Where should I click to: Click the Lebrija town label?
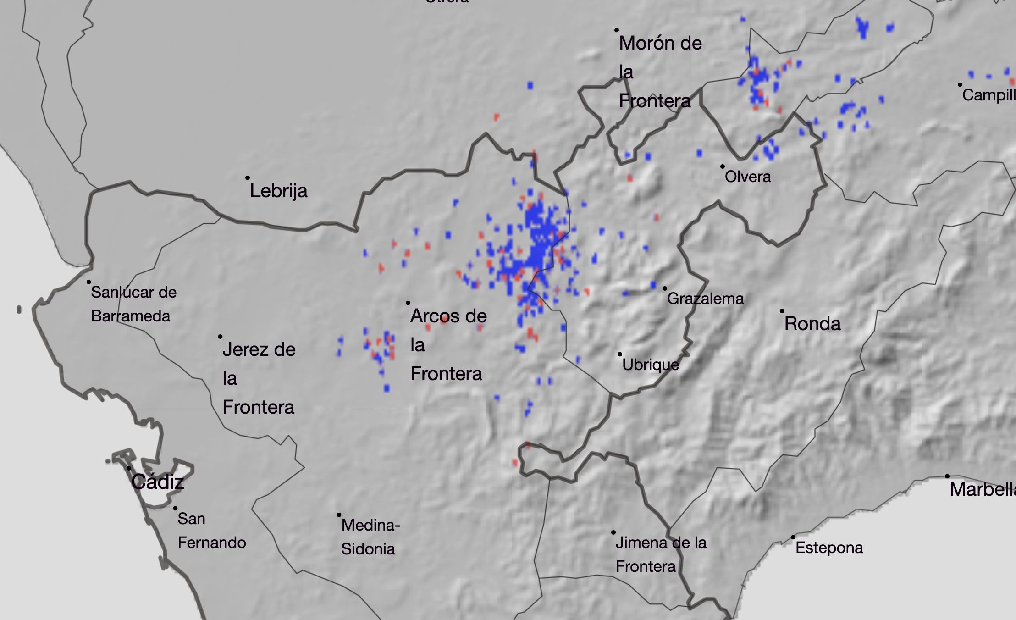click(278, 191)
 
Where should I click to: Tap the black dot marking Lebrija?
click(248, 177)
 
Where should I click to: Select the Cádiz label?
click(157, 482)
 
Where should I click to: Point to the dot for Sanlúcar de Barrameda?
click(88, 282)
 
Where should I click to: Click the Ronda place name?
click(812, 324)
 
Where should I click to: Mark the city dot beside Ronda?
click(782, 311)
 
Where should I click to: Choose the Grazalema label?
click(705, 299)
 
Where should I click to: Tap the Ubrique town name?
click(651, 365)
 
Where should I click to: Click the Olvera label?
click(748, 177)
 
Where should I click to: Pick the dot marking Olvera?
click(723, 166)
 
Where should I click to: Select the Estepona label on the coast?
click(829, 548)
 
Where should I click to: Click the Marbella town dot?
click(947, 476)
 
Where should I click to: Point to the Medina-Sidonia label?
click(370, 537)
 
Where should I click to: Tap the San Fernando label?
click(211, 531)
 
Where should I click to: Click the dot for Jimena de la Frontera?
click(613, 532)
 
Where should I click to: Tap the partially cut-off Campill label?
click(988, 95)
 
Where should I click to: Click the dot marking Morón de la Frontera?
click(617, 30)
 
